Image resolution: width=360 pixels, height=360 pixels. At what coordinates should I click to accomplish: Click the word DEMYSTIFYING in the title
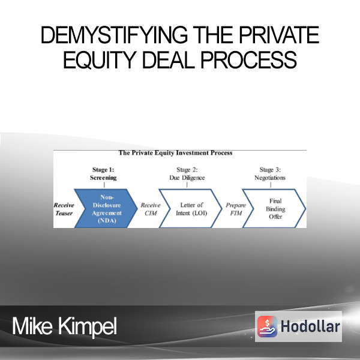[114, 35]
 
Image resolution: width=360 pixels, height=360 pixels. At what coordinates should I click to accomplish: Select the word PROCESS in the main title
[249, 59]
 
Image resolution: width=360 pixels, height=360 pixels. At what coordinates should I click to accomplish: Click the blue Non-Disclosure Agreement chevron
[106, 208]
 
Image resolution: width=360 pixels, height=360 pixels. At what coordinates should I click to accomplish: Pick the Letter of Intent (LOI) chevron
[191, 208]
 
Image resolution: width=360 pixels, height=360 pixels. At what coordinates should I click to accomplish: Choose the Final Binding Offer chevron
[274, 208]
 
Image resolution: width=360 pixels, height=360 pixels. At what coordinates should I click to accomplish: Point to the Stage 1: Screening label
[103, 173]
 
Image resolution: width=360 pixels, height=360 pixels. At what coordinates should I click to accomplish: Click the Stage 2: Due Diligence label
[187, 173]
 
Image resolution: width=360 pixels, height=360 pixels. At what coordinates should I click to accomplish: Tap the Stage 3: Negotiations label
[270, 173]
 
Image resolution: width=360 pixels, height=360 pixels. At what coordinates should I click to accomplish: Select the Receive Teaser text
[64, 209]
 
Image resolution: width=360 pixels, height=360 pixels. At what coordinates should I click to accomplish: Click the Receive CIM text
[151, 209]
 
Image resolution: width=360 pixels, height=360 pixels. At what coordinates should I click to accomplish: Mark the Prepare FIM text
[236, 209]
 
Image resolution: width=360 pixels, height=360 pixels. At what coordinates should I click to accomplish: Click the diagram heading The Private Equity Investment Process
[175, 153]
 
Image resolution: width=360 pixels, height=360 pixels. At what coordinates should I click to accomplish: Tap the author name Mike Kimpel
[65, 326]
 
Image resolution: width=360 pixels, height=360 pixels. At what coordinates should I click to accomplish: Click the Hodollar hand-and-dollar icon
[267, 326]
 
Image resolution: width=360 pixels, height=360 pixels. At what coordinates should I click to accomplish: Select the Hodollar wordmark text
[310, 326]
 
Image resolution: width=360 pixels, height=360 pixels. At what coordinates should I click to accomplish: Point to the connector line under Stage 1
[104, 185]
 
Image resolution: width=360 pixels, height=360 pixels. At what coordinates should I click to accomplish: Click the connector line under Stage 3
[271, 185]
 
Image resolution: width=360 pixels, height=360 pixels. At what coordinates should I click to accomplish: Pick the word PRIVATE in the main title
[279, 35]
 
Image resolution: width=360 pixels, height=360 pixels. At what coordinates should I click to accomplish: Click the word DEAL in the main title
[169, 59]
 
